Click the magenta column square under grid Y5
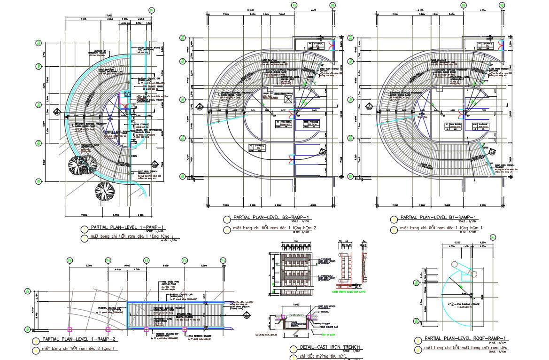pos(70,329)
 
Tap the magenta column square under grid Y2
pos(185,329)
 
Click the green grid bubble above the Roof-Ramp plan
pos(493,238)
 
